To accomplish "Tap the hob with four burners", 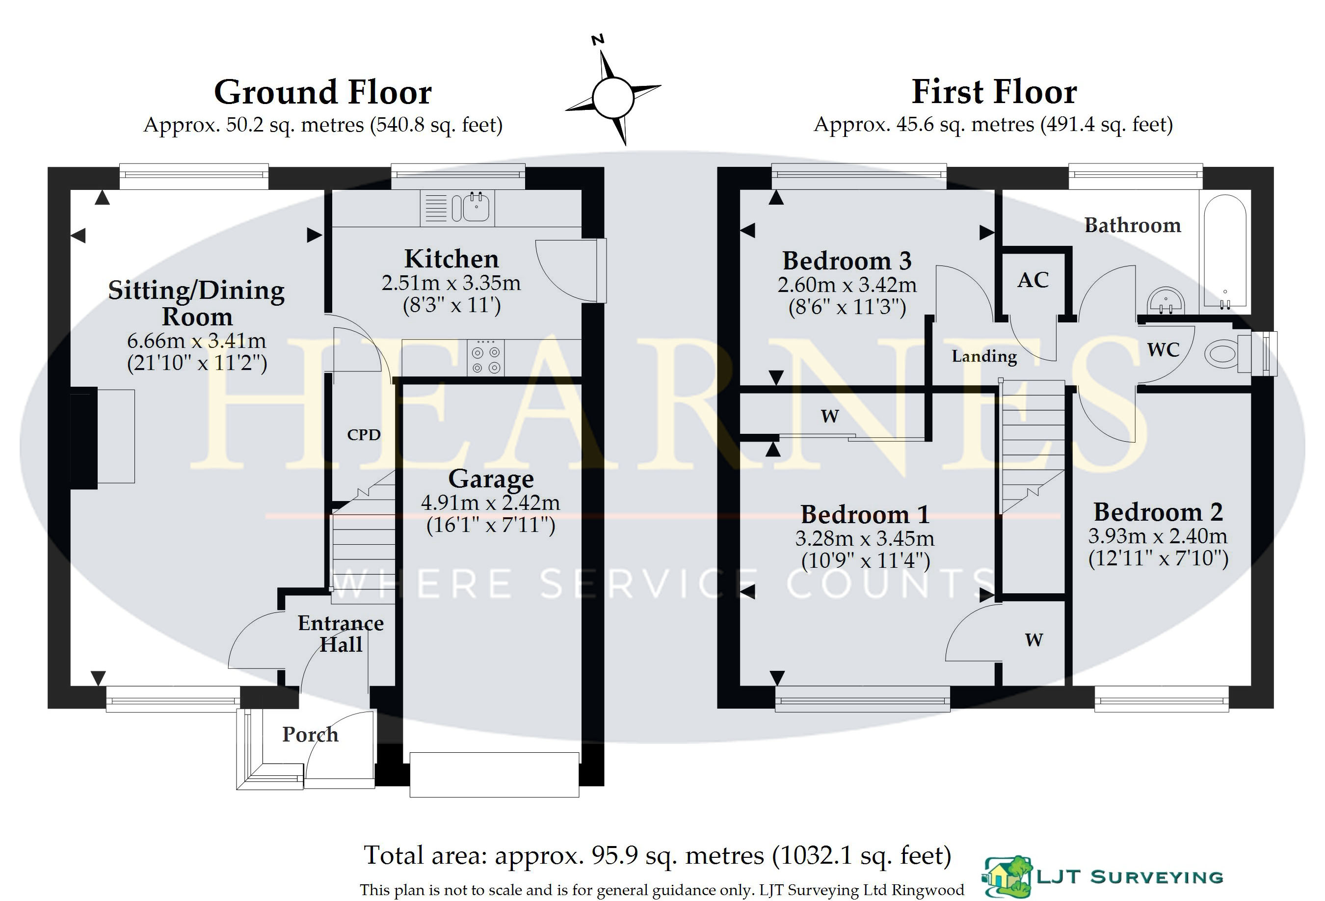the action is coord(485,358).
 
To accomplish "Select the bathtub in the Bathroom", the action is coord(1225,251).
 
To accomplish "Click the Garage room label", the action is coord(491,479).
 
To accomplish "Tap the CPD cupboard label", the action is coord(364,434).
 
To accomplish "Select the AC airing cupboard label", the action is coord(1033,280).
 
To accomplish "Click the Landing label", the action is coord(984,356).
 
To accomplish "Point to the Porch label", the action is coord(311,734).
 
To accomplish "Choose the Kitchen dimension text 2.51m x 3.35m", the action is coord(451,283).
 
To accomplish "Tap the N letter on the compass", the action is coord(598,40).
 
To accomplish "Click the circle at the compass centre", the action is coord(613,98).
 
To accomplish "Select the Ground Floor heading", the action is coord(323,92).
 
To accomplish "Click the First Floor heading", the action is coord(994,92).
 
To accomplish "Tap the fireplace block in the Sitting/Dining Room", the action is coord(84,437).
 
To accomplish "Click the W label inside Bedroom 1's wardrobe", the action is coord(1033,640).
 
